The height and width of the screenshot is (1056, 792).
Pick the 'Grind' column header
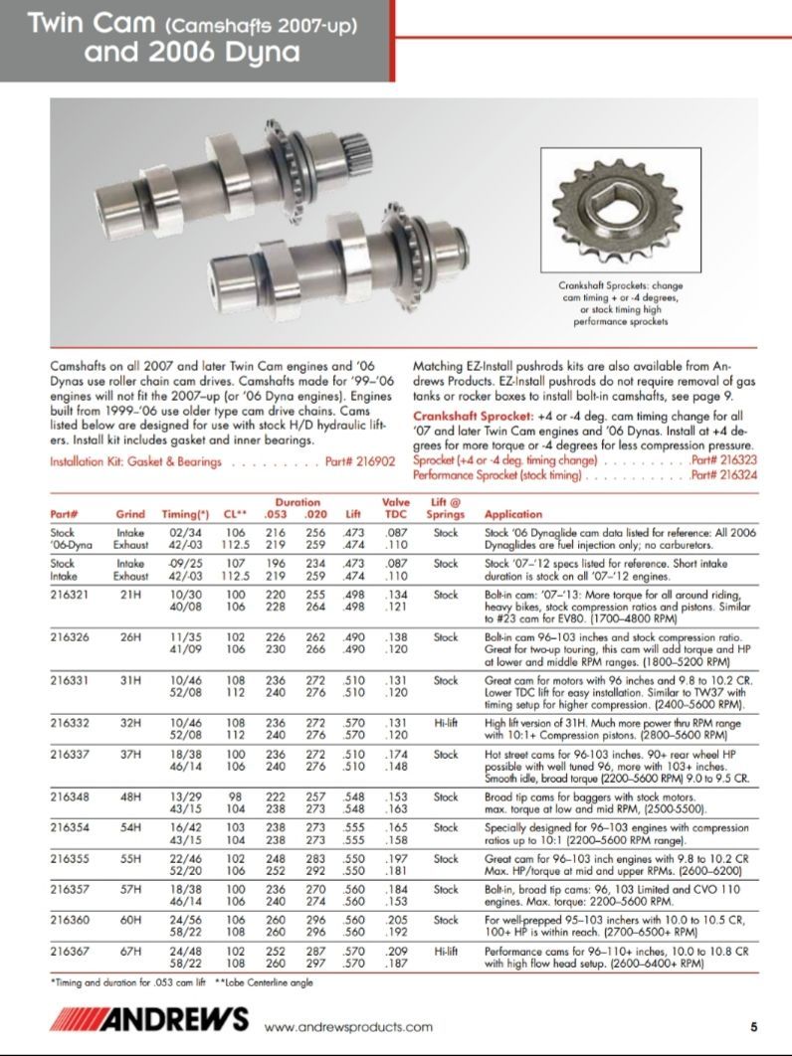pos(130,514)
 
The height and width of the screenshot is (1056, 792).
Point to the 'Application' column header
pos(512,514)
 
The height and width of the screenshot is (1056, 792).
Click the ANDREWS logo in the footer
pos(149,1020)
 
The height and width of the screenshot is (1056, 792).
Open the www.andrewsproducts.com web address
pos(348,1026)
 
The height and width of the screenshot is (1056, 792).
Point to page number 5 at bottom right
pos(754,1026)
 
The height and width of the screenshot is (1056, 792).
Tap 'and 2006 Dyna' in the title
pos(191,52)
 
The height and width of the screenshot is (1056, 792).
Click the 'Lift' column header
pos(352,514)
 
